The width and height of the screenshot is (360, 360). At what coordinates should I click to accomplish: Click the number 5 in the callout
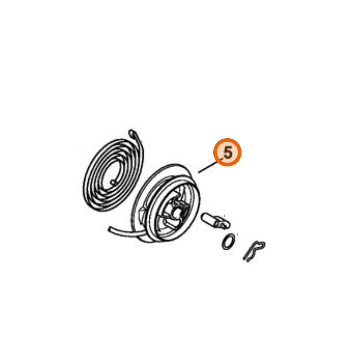click(x=228, y=153)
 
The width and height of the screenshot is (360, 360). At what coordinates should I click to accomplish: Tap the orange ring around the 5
click(x=227, y=139)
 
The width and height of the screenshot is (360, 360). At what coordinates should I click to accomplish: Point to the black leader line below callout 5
click(x=208, y=167)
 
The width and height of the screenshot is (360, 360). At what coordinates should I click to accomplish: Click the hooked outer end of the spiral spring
click(x=132, y=133)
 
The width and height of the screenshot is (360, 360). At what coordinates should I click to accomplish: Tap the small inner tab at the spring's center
click(x=114, y=183)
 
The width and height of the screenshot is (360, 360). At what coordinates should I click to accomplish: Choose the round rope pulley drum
click(x=166, y=203)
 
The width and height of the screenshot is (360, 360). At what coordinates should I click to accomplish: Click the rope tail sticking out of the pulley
click(x=126, y=232)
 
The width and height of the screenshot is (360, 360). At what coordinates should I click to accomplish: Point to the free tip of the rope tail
click(x=109, y=229)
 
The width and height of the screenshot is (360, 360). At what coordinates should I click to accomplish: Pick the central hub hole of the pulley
click(x=177, y=213)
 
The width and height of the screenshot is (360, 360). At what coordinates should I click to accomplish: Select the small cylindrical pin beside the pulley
click(x=216, y=220)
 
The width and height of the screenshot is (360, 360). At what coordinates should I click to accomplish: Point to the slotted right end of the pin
click(x=223, y=223)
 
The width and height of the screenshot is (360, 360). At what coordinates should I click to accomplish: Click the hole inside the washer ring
click(x=228, y=242)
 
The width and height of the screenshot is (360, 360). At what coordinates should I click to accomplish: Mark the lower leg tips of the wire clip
click(x=246, y=260)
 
